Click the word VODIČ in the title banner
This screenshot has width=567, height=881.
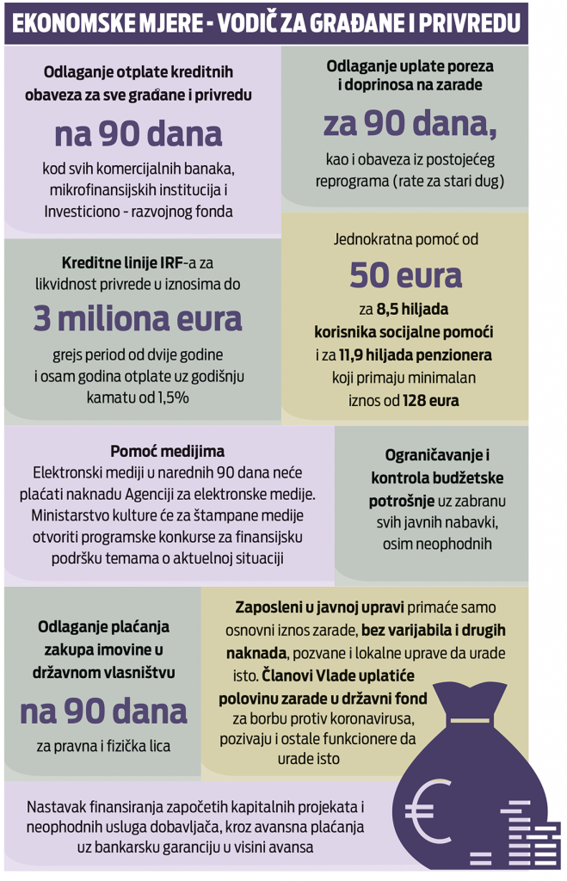256,23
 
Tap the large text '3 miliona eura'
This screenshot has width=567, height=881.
139,318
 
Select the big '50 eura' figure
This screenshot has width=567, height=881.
405,275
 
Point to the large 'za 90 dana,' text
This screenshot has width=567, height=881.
410,125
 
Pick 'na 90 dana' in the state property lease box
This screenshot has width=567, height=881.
103,712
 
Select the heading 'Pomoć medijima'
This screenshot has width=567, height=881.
168,451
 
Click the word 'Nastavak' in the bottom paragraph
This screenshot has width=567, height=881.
56,807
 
